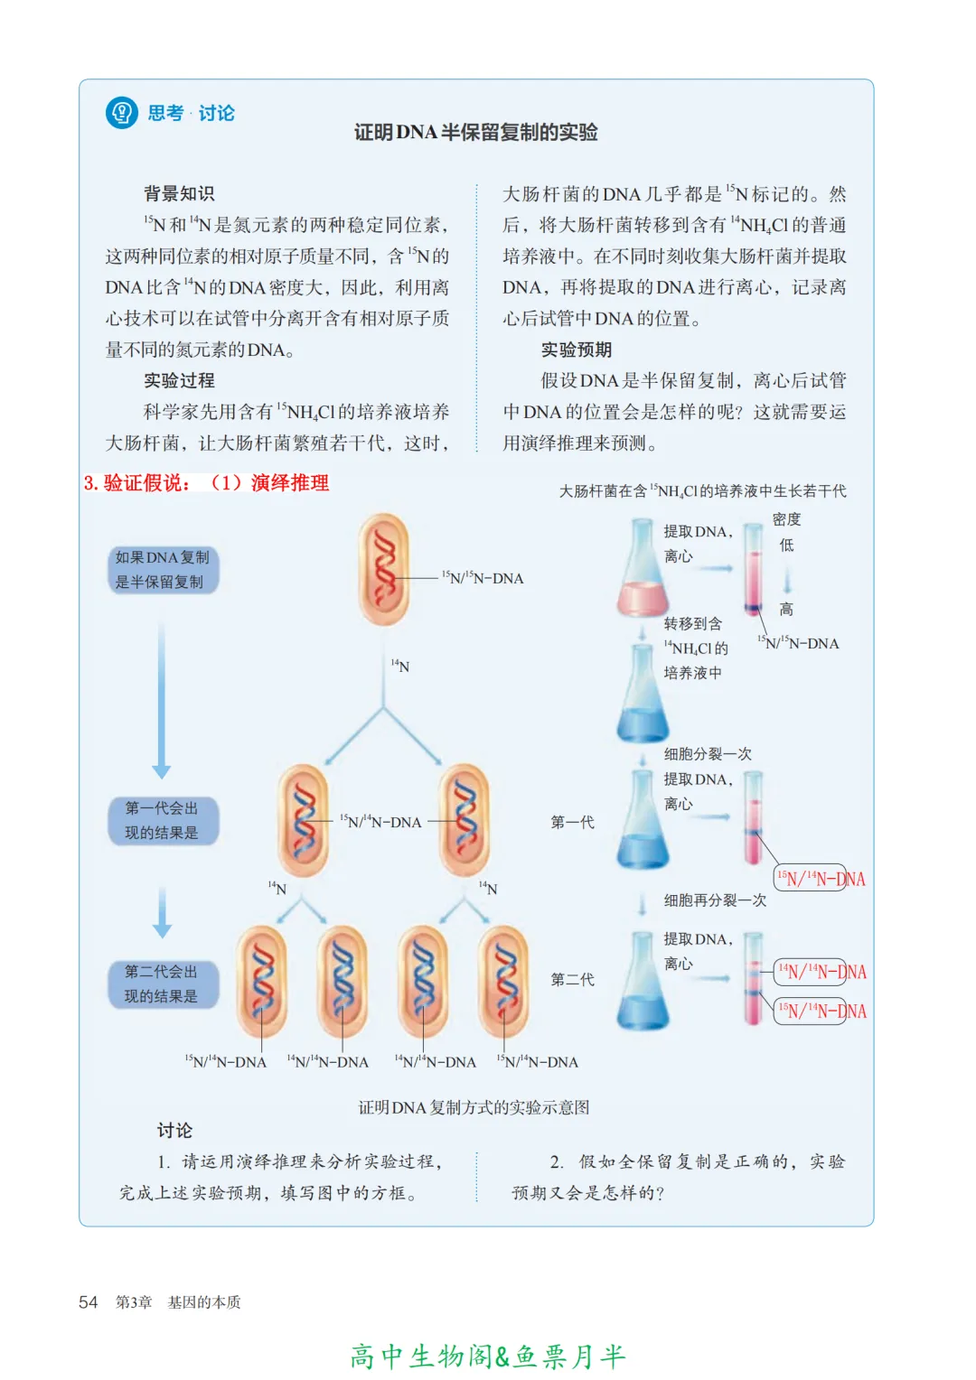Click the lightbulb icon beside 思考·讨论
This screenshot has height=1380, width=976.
(x=122, y=113)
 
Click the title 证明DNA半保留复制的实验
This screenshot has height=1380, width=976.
(x=475, y=132)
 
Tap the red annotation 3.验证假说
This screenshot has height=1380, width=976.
(x=137, y=483)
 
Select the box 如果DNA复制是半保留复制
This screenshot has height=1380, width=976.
(x=163, y=570)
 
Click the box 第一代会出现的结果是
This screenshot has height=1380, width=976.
(x=162, y=821)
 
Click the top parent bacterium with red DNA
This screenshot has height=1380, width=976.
(x=384, y=569)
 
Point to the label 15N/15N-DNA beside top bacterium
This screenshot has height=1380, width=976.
(x=483, y=578)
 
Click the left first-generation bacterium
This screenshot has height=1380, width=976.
(x=304, y=821)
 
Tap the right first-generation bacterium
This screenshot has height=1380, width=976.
(x=465, y=821)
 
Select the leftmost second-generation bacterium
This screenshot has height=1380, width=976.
(x=262, y=981)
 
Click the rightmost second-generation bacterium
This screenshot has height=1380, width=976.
(x=504, y=981)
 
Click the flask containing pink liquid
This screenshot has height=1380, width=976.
(x=643, y=573)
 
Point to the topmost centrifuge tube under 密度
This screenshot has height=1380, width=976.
(x=754, y=569)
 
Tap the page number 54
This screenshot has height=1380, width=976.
(x=88, y=1302)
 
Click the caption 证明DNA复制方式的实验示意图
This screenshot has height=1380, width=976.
(x=474, y=1107)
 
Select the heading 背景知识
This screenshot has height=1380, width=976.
(x=179, y=193)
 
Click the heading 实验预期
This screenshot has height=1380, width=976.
(x=577, y=350)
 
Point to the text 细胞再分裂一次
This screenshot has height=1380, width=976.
(x=715, y=900)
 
